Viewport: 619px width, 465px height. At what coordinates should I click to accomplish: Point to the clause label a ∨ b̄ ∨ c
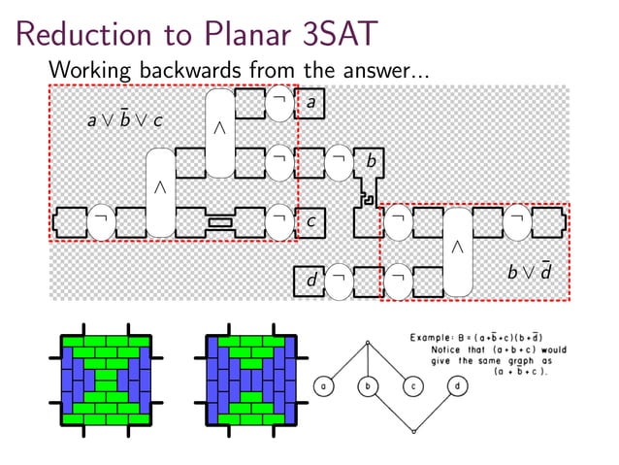click(x=124, y=121)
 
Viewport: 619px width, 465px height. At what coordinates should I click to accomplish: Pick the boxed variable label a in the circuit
click(x=310, y=102)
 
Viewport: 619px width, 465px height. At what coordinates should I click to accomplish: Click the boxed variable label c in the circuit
click(x=310, y=222)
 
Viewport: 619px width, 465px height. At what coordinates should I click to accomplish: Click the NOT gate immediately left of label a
click(x=278, y=102)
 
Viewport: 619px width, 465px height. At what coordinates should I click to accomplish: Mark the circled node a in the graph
click(x=324, y=386)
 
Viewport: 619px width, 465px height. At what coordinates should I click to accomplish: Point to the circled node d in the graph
click(x=457, y=386)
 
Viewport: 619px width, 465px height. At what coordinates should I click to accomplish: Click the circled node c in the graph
click(x=412, y=386)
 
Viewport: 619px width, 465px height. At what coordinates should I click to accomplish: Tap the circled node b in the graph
click(x=369, y=386)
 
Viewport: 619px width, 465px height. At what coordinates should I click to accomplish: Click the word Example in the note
click(x=434, y=337)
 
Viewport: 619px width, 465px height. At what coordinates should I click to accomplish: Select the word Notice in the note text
click(x=451, y=349)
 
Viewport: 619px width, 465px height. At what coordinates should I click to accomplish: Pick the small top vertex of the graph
click(x=369, y=342)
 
